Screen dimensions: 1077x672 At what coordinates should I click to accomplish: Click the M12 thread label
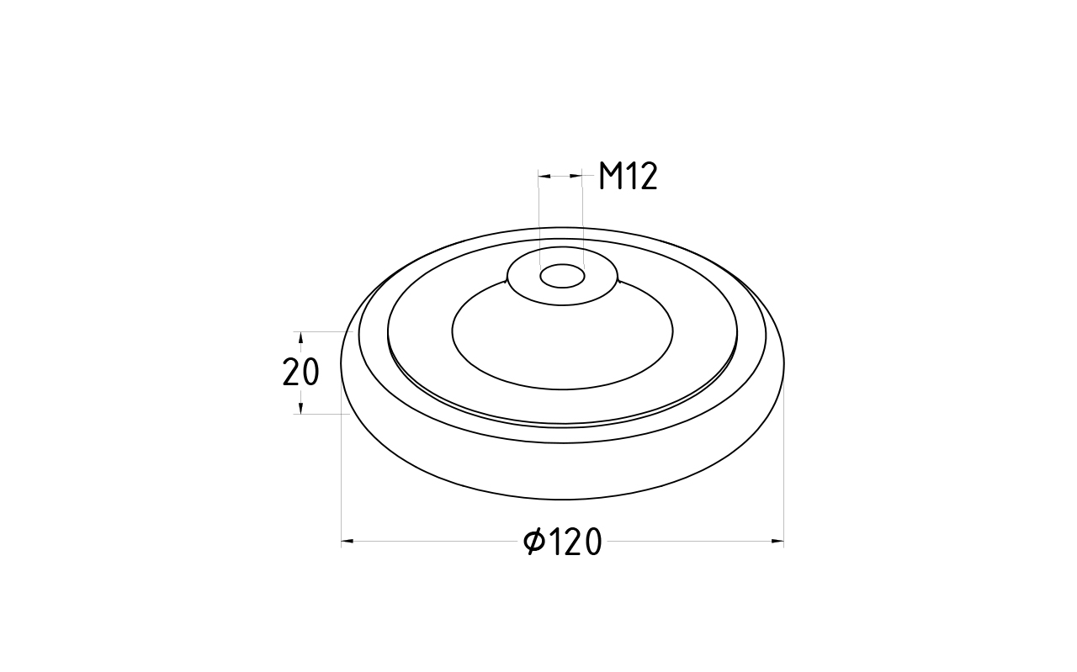point(628,177)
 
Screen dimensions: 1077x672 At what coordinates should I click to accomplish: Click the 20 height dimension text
point(300,373)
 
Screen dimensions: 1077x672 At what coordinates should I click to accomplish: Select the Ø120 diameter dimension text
point(563,542)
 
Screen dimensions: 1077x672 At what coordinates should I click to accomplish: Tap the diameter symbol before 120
point(533,542)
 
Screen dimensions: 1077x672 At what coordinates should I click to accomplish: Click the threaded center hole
point(562,277)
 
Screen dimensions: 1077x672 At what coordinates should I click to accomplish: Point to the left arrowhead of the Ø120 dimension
point(348,542)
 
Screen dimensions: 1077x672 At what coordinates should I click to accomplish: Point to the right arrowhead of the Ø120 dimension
point(777,542)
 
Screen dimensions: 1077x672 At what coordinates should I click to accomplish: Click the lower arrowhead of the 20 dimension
point(301,408)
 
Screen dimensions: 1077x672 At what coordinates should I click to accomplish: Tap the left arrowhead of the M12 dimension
point(544,177)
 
